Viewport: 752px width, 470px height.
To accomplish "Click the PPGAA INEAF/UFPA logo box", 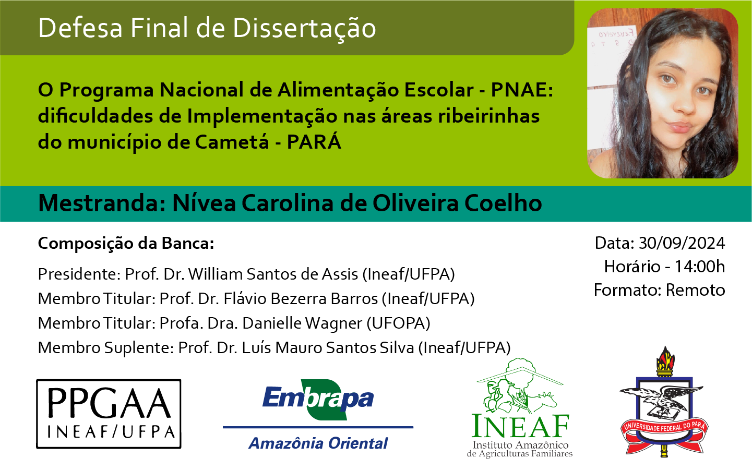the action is click(x=109, y=414).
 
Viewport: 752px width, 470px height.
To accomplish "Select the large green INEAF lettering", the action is click(x=520, y=426).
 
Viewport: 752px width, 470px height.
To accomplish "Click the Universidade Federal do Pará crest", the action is click(x=664, y=403).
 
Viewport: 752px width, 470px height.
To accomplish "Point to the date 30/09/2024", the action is click(x=682, y=243).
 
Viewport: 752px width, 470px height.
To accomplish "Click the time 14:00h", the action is click(x=700, y=267).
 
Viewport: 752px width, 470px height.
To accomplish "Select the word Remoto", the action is click(x=695, y=290).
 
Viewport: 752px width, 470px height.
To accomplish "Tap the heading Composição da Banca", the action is click(x=126, y=244).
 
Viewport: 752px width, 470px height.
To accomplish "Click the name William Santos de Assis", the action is click(x=273, y=274).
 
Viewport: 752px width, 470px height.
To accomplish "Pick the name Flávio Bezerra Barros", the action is click(x=301, y=299).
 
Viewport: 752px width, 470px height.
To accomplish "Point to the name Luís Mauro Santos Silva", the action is click(x=328, y=348).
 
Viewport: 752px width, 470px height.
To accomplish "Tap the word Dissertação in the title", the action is click(x=304, y=29).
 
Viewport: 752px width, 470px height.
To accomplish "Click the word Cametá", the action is click(x=232, y=142).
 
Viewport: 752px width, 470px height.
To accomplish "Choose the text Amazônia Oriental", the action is click(x=318, y=443).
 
